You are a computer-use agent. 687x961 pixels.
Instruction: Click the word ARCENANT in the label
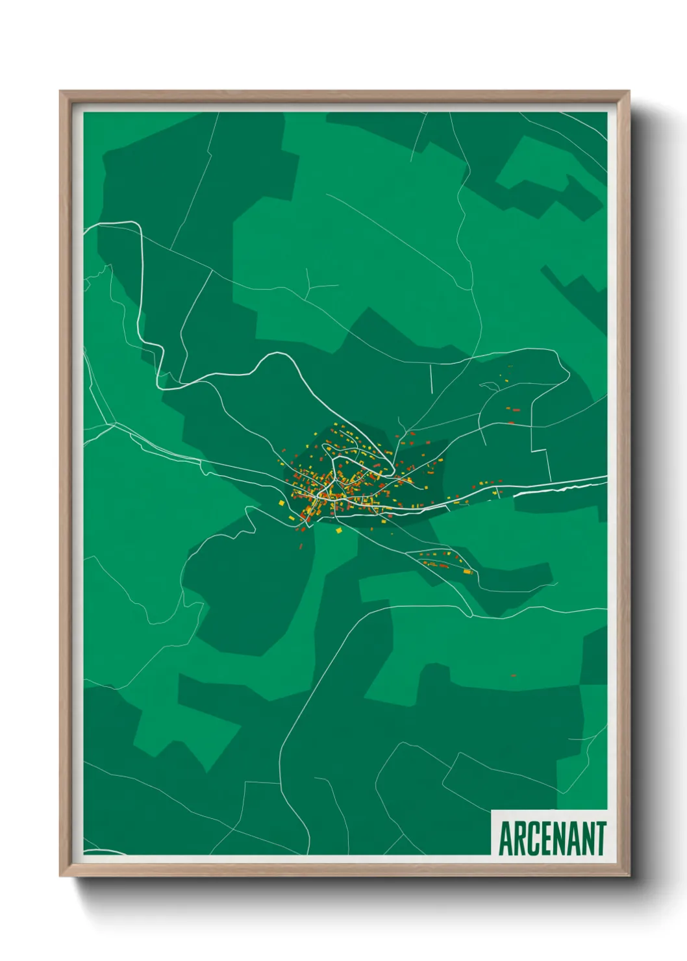[552, 838]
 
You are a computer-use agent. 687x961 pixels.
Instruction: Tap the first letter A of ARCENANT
[506, 838]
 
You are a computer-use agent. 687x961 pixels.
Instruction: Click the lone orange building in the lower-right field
[513, 675]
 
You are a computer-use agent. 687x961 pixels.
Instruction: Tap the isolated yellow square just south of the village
[338, 530]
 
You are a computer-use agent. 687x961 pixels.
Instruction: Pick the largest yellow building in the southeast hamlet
[467, 571]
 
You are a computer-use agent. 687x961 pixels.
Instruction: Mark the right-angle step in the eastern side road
[540, 449]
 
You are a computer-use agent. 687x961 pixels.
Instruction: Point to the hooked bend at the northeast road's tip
[557, 354]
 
